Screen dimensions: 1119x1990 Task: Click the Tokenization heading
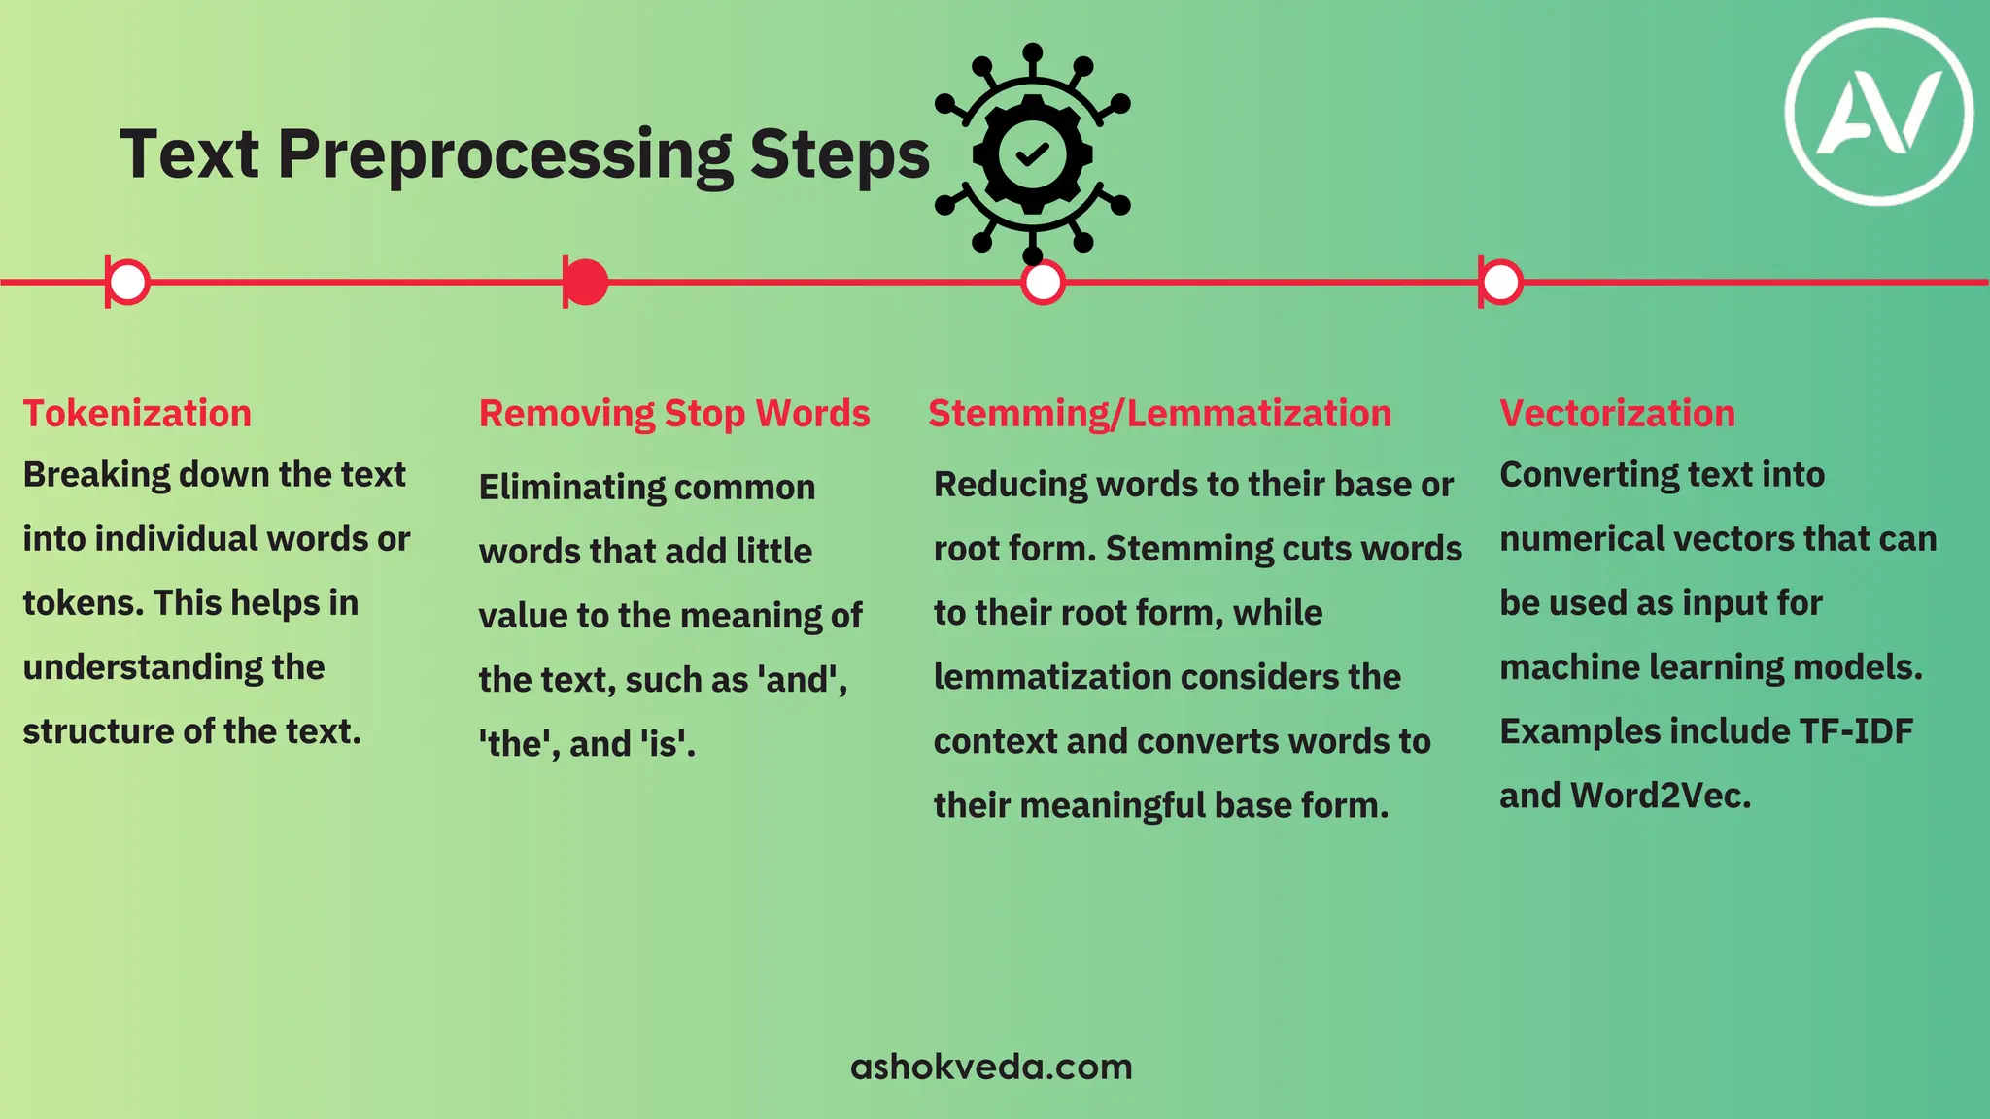click(x=137, y=414)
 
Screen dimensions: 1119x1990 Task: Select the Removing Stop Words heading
click(x=673, y=414)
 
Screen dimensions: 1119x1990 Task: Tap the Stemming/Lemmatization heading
click(x=1159, y=414)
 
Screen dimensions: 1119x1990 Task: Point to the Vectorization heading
click(x=1617, y=414)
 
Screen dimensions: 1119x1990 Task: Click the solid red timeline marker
click(x=586, y=283)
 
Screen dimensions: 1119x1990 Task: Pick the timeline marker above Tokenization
click(x=128, y=283)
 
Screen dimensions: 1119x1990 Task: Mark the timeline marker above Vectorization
click(x=1501, y=283)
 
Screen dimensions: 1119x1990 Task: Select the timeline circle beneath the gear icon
click(x=1044, y=283)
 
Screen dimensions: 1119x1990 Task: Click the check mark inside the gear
click(x=1032, y=153)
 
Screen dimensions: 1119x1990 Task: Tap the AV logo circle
click(x=1879, y=112)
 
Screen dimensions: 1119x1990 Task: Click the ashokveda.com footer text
click(x=991, y=1067)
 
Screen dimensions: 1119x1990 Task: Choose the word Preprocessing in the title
click(x=505, y=155)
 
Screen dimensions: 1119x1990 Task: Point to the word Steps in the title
click(x=840, y=155)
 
